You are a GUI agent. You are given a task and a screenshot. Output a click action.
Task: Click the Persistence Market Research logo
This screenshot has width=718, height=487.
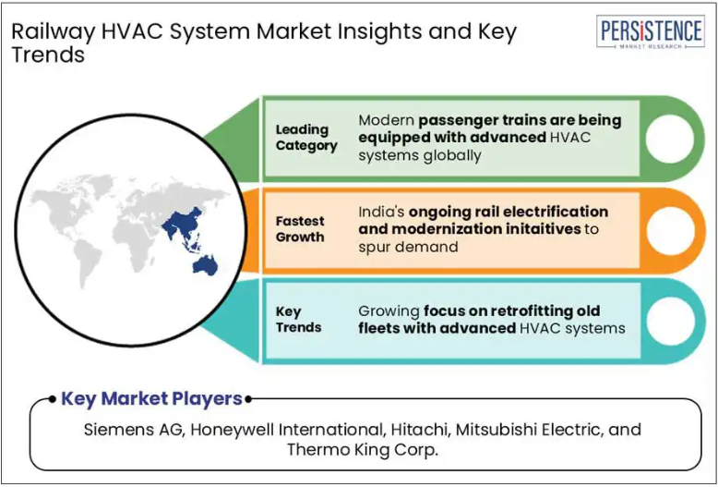click(x=651, y=31)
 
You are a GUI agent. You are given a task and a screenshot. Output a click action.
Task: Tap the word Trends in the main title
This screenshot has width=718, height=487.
click(x=48, y=55)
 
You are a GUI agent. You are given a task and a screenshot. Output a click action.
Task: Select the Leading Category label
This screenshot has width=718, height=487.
click(x=306, y=138)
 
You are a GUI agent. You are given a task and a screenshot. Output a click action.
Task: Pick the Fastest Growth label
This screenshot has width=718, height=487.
click(x=300, y=229)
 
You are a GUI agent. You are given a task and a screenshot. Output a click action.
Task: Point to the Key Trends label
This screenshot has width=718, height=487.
click(x=299, y=320)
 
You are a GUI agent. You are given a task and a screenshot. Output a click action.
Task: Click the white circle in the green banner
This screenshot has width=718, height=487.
click(x=669, y=139)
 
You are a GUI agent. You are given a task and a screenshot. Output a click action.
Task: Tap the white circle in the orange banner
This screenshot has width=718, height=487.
click(x=669, y=230)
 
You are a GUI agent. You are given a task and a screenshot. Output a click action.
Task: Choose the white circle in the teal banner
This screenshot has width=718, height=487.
click(x=669, y=321)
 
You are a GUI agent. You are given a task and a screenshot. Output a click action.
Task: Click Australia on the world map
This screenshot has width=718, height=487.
click(x=205, y=265)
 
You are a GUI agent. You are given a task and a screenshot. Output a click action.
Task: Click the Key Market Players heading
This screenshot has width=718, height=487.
click(x=151, y=399)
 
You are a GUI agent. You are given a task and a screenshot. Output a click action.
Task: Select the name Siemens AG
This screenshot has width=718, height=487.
click(x=134, y=430)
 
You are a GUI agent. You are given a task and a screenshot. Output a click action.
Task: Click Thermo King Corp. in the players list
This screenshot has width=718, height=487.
click(x=362, y=449)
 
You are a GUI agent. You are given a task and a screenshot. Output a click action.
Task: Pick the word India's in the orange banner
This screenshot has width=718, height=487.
click(x=380, y=213)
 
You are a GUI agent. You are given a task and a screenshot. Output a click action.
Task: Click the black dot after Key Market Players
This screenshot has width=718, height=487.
click(x=248, y=399)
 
